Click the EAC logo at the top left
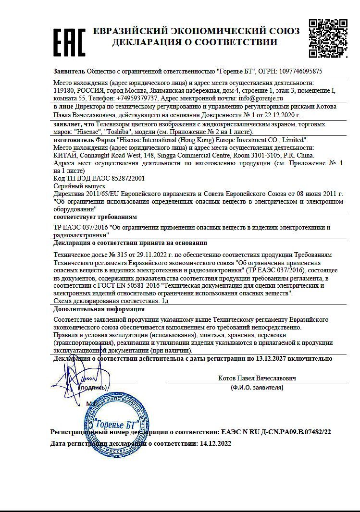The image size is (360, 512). pos(69,42)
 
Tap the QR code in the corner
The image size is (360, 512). pos(328,38)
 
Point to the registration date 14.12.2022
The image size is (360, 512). pos(215,444)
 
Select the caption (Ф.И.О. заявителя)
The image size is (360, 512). pos(257,387)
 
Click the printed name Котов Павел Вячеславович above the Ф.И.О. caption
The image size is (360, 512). pos(257,378)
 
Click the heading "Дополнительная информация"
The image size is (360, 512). pos(99,309)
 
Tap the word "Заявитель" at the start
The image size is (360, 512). pos(69,71)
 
